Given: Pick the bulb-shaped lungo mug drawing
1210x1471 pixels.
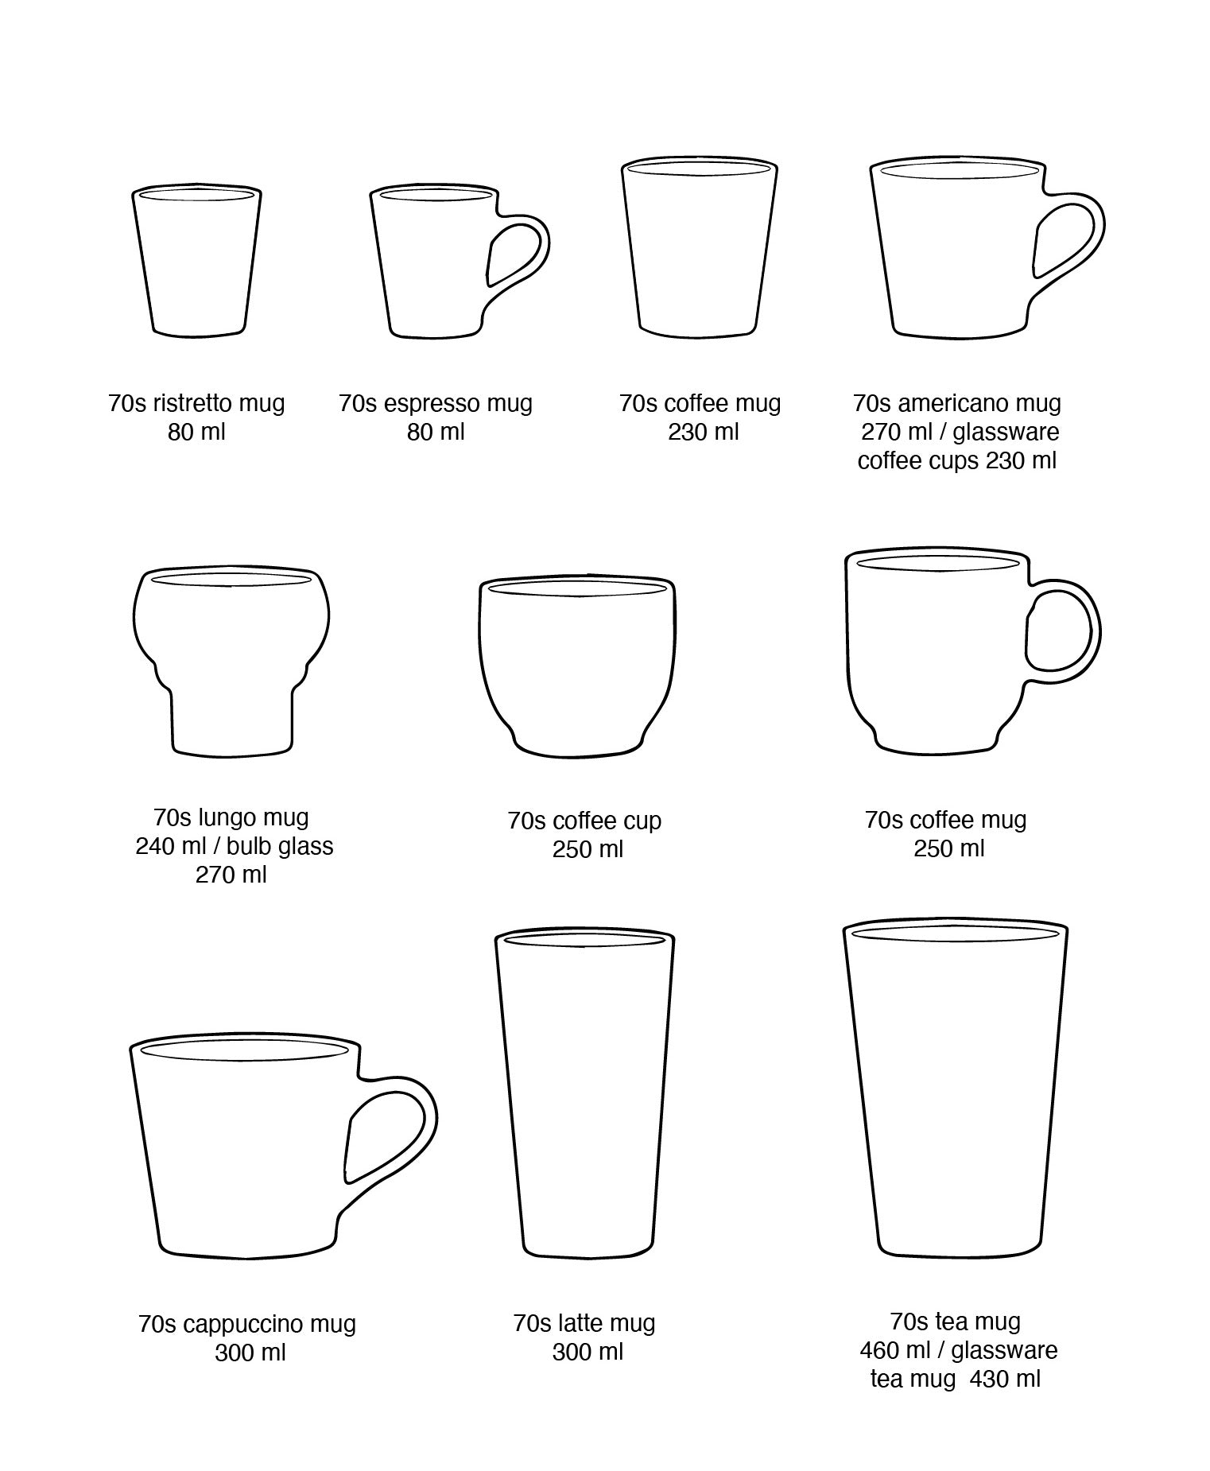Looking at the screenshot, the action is click(x=231, y=660).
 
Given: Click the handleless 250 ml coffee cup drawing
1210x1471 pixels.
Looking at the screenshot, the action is click(x=577, y=665).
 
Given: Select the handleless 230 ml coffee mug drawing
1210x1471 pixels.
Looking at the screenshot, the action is click(x=699, y=246).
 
